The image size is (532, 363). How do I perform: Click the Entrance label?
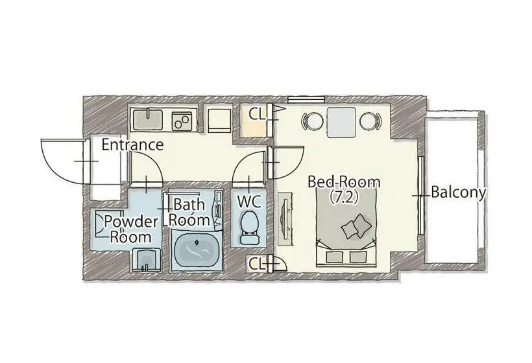[132, 145]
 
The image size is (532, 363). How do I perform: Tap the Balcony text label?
[459, 193]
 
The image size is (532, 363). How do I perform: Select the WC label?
[249, 202]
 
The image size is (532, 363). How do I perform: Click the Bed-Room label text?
[344, 182]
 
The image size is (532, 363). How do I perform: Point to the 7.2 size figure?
[344, 197]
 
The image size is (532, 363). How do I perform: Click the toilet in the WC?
[249, 228]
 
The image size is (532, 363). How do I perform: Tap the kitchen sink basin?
[147, 119]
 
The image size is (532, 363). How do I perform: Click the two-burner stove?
[182, 121]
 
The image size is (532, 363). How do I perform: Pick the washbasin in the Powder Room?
[147, 260]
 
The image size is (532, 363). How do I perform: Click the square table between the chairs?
[341, 123]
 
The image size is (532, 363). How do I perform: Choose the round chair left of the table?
[312, 121]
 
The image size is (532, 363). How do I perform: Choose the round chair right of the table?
[370, 121]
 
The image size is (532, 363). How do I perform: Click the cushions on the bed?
[356, 226]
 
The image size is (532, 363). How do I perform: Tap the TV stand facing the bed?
[285, 218]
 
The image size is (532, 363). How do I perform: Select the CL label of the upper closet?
[257, 114]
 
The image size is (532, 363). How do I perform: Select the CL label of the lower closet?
[257, 264]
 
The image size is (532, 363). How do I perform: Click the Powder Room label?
[130, 229]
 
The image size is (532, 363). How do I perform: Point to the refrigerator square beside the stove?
[219, 121]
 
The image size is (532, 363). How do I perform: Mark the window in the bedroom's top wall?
[306, 99]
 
